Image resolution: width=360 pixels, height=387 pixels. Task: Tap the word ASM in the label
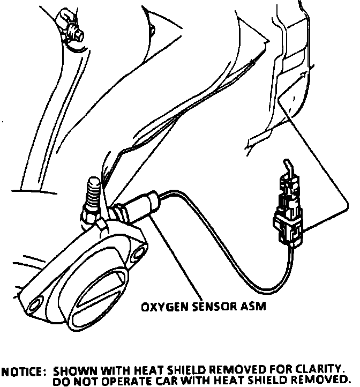(x=254, y=307)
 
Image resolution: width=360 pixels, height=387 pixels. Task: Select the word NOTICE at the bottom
(x=24, y=370)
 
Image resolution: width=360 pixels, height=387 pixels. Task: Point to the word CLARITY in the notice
(x=320, y=370)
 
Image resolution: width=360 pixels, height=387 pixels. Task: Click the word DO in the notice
(x=62, y=380)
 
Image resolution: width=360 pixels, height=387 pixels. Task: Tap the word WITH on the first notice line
(x=111, y=370)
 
